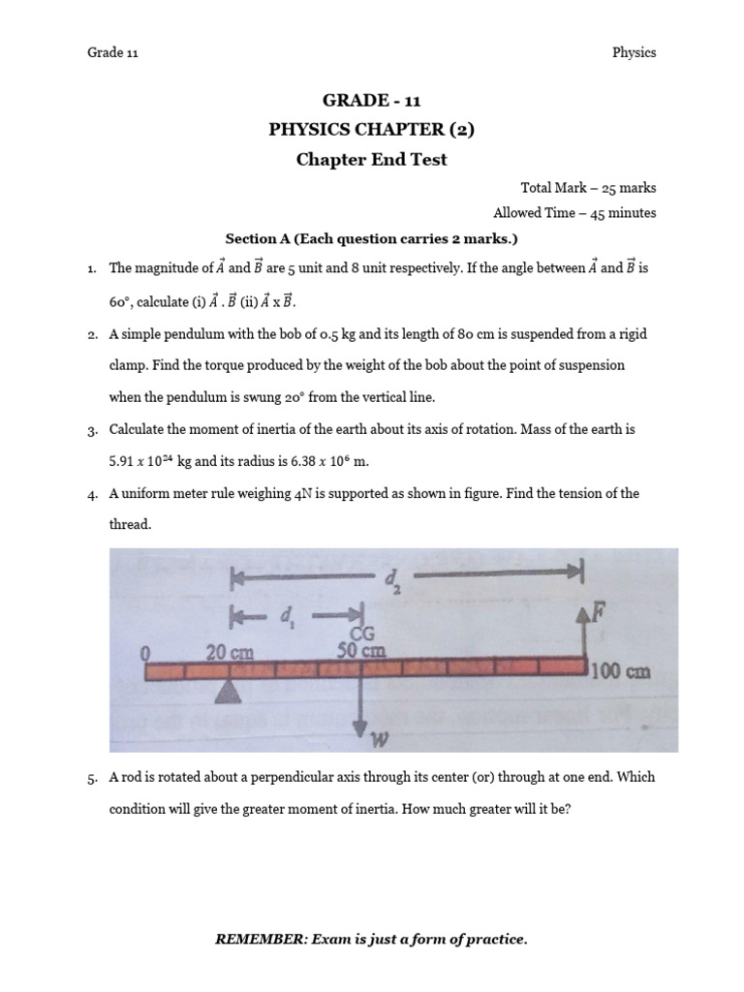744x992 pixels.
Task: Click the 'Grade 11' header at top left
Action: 113,52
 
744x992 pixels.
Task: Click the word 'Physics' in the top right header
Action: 634,52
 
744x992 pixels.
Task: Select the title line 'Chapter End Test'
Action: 372,160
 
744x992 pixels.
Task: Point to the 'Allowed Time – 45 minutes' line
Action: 574,213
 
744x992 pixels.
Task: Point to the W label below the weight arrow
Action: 380,742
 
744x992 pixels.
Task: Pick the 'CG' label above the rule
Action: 362,634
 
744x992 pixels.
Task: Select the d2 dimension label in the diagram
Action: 392,579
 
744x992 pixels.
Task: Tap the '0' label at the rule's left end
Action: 146,654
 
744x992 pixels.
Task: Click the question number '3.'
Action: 93,429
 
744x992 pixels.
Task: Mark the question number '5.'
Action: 93,777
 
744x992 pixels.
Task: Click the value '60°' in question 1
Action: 120,301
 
